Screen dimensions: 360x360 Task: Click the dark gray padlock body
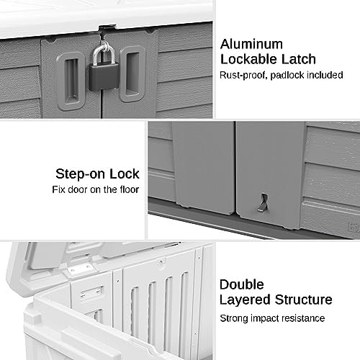point(104,77)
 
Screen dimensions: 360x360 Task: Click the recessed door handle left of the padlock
point(71,81)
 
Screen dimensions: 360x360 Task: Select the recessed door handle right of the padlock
point(132,74)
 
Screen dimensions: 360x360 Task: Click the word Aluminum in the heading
point(251,44)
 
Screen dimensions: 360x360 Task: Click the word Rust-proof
point(243,75)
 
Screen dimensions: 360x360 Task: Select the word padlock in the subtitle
point(287,76)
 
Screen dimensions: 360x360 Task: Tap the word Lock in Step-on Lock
point(125,174)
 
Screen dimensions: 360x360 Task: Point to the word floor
point(129,189)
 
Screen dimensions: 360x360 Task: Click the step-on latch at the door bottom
point(263,203)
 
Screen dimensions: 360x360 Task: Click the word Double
point(242,284)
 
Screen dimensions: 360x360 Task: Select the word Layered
point(245,300)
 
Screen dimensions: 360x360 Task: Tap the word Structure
point(304,300)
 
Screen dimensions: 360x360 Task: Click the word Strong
point(234,319)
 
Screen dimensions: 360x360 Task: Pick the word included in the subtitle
point(325,75)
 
